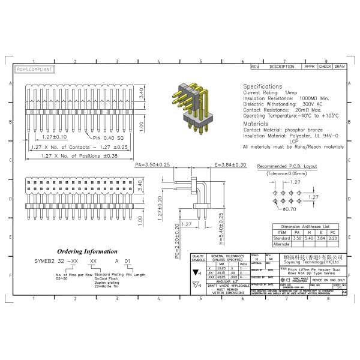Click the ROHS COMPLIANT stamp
(34, 70)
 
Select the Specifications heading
(262, 86)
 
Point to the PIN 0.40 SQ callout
(107, 137)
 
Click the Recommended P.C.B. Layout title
(286, 166)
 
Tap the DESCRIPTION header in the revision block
(281, 67)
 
